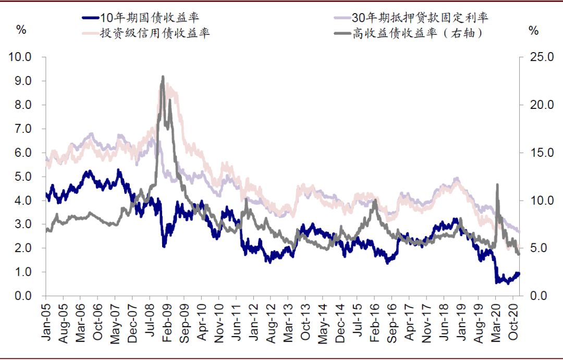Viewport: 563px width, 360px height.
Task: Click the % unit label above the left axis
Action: [21, 30]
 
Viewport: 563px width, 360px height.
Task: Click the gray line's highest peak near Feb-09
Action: [163, 77]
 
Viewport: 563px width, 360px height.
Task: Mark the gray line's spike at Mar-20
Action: [497, 184]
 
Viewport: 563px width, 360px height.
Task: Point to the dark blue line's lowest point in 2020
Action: [497, 283]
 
